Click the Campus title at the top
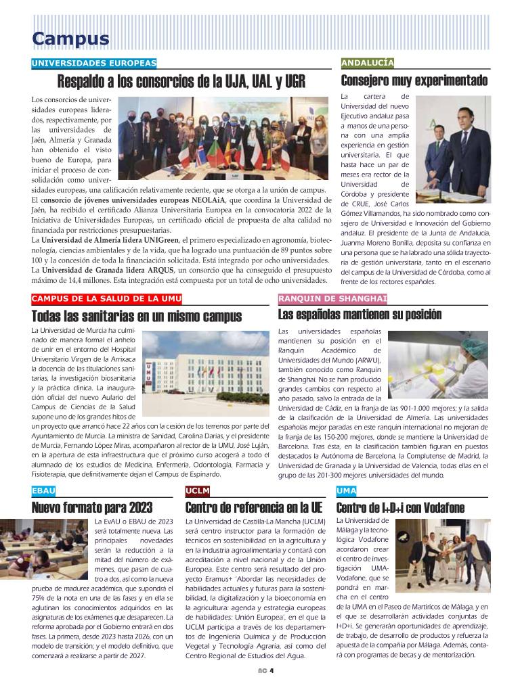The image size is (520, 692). [x=70, y=39]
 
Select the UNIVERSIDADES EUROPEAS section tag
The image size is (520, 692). [x=94, y=64]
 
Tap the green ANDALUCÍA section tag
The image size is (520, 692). [x=368, y=64]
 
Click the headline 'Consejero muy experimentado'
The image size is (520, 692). [x=414, y=82]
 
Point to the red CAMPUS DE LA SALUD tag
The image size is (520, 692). [x=106, y=299]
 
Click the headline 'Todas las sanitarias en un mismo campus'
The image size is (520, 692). [x=136, y=316]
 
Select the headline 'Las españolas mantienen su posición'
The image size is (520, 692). [x=360, y=315]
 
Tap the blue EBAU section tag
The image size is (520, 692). [x=44, y=490]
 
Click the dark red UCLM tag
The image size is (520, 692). [x=198, y=490]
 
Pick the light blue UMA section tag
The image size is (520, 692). [x=346, y=490]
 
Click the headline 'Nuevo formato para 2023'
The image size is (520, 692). [x=92, y=507]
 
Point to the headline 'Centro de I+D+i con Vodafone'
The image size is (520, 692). [x=400, y=507]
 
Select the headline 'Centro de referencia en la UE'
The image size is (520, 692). [x=254, y=507]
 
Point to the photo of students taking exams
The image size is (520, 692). [x=46, y=547]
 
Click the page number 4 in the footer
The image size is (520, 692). [x=271, y=672]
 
